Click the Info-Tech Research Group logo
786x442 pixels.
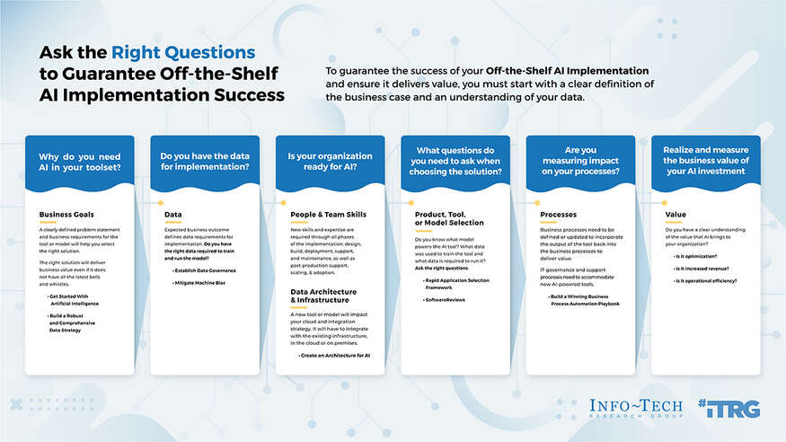[636, 409]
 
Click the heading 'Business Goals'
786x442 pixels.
[67, 215]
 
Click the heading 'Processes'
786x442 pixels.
[559, 215]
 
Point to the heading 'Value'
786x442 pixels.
[676, 215]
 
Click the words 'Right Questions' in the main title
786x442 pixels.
[184, 53]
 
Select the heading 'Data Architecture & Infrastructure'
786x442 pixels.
[323, 296]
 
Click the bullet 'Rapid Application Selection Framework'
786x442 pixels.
[458, 283]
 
